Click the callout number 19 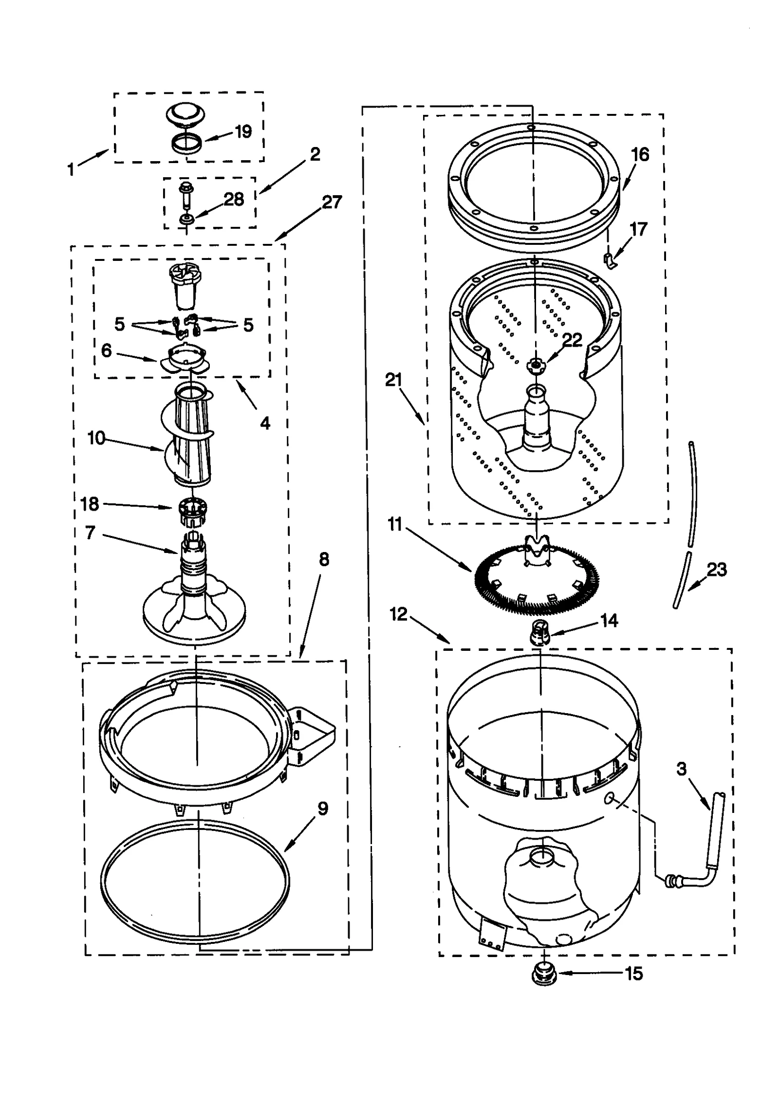(243, 131)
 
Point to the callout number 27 (332, 202)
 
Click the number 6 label (106, 350)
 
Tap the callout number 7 (90, 533)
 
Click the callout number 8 (324, 560)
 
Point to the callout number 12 (398, 614)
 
